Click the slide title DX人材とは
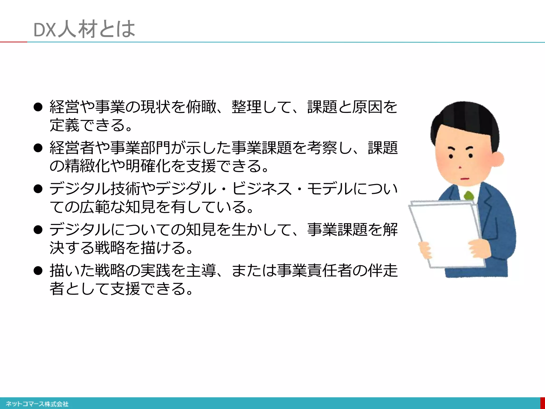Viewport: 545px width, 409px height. (84, 29)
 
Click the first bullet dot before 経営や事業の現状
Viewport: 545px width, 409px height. (38, 107)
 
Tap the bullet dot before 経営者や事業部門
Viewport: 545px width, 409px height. (38, 148)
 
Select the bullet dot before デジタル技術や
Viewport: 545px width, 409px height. (38, 189)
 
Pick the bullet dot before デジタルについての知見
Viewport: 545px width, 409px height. (38, 230)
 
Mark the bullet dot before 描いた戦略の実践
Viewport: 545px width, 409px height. (38, 271)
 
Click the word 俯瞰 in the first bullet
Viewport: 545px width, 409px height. (201, 107)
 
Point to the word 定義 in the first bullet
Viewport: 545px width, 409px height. (65, 125)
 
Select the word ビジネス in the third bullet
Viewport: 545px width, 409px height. (262, 189)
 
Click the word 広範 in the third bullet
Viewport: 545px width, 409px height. (95, 207)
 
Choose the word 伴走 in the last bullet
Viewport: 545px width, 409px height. (383, 271)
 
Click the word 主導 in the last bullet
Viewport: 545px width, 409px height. (201, 271)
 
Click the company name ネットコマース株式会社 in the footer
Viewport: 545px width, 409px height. (37, 404)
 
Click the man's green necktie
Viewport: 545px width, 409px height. (469, 196)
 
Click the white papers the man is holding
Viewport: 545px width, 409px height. (447, 234)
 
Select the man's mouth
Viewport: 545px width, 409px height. (464, 178)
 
